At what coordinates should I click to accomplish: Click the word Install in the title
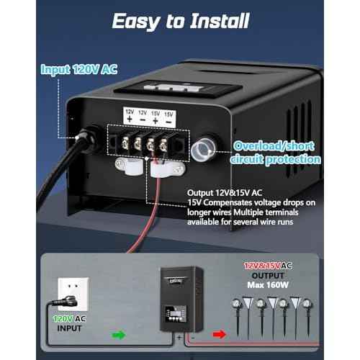[x=220, y=21]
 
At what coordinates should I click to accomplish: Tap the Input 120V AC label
[x=79, y=70]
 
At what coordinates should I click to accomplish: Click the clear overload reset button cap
[x=203, y=149]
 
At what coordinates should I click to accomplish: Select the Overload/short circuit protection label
[x=275, y=153]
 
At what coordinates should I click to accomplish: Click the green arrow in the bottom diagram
[x=119, y=335]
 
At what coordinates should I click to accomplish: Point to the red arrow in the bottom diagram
[x=220, y=334]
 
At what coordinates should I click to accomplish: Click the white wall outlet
[x=73, y=293]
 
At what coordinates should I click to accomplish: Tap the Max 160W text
[x=268, y=285]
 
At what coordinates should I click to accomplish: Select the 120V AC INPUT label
[x=69, y=323]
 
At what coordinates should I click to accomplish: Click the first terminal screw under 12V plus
[x=125, y=144]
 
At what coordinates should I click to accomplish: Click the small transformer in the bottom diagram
[x=181, y=300]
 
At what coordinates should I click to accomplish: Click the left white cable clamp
[x=129, y=166]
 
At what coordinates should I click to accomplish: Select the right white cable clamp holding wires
[x=168, y=169]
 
